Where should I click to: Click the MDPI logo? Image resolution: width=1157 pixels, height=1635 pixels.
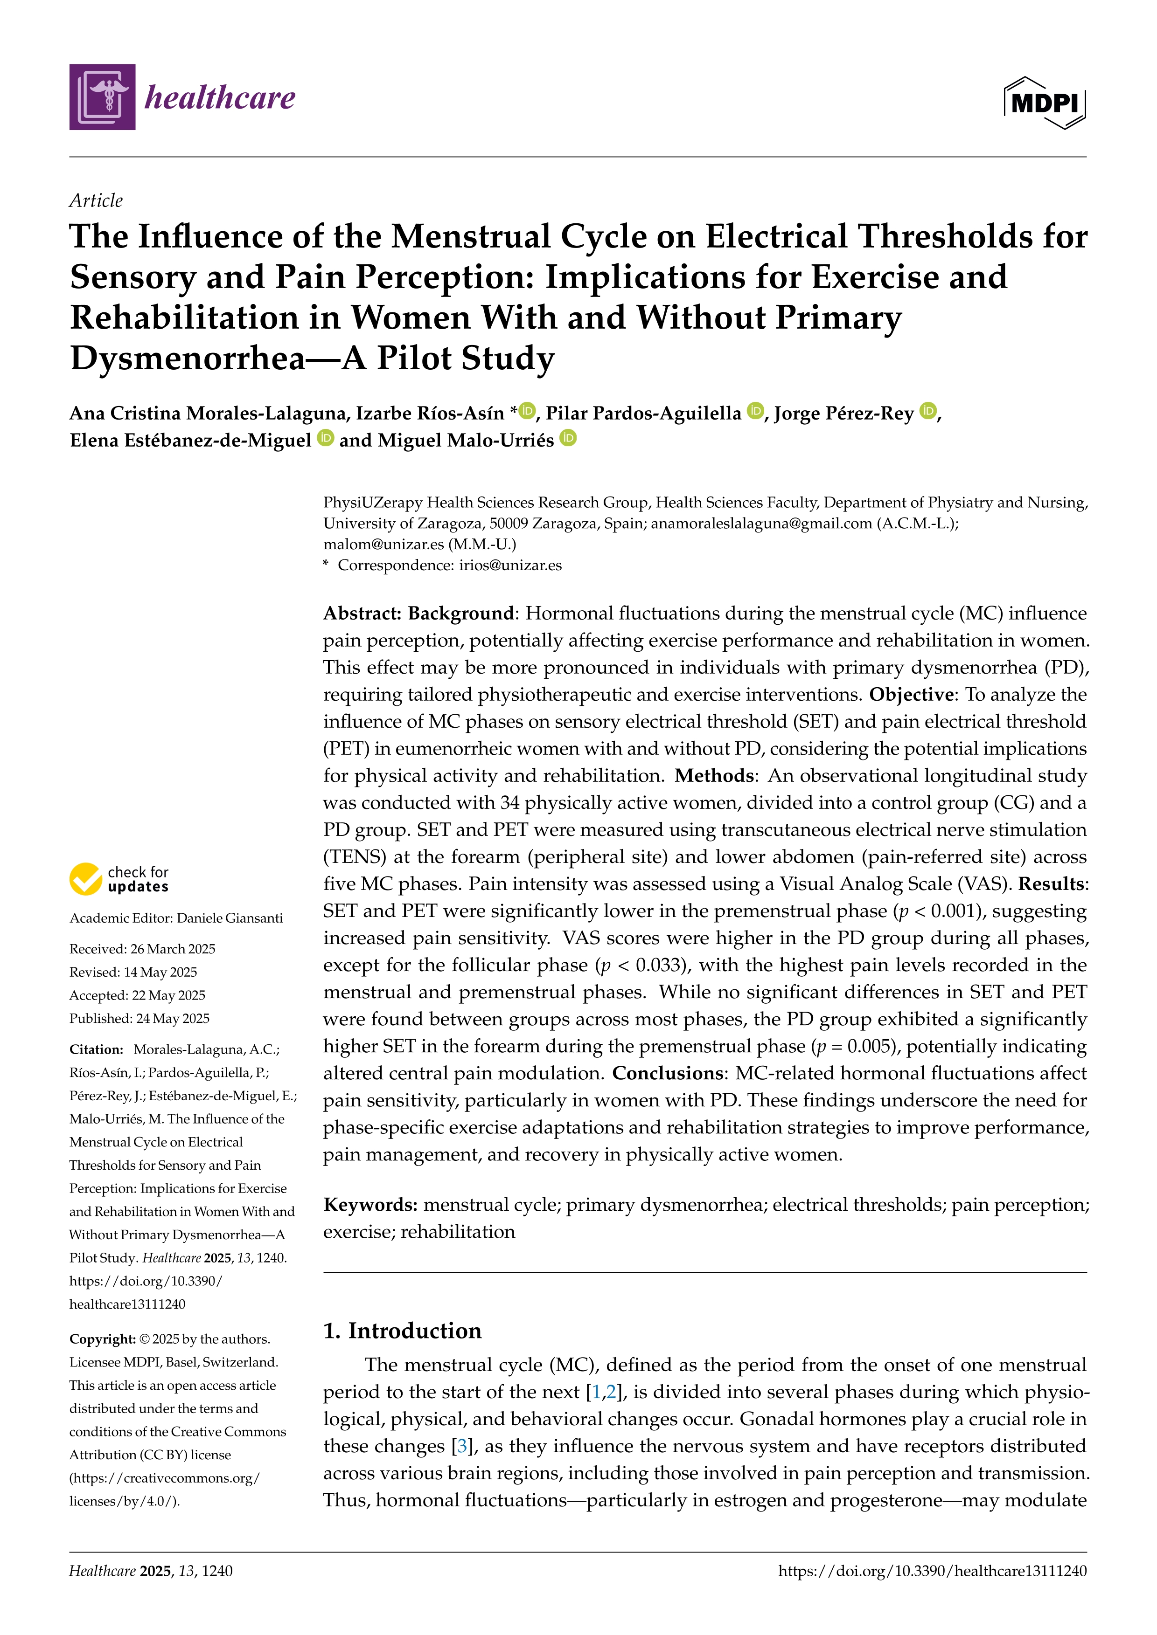pyautogui.click(x=1045, y=103)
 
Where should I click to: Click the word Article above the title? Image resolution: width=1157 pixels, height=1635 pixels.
pyautogui.click(x=96, y=201)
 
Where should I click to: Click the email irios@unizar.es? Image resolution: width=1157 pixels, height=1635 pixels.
pyautogui.click(x=510, y=566)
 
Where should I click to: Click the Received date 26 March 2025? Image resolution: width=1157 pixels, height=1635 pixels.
pyautogui.click(x=173, y=949)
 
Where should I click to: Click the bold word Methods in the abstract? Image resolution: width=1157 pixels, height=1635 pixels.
pyautogui.click(x=714, y=775)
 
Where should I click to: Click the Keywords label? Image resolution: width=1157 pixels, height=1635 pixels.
pyautogui.click(x=370, y=1205)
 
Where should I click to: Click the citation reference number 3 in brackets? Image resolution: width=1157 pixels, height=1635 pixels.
pyautogui.click(x=462, y=1446)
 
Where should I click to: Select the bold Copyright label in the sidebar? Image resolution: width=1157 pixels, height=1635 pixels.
pyautogui.click(x=102, y=1339)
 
